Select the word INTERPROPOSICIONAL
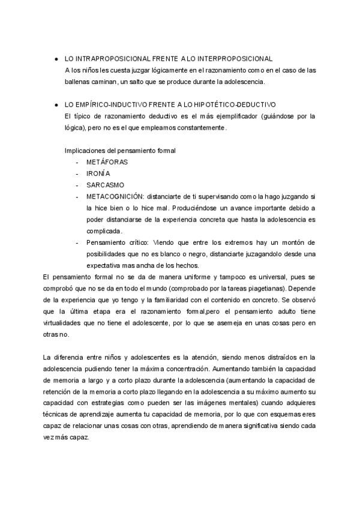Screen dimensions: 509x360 [235, 59]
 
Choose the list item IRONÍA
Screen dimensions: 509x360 [98, 173]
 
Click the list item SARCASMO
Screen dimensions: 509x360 [104, 185]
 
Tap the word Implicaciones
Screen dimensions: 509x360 [85, 150]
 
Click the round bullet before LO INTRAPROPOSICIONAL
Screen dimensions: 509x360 [56, 59]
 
